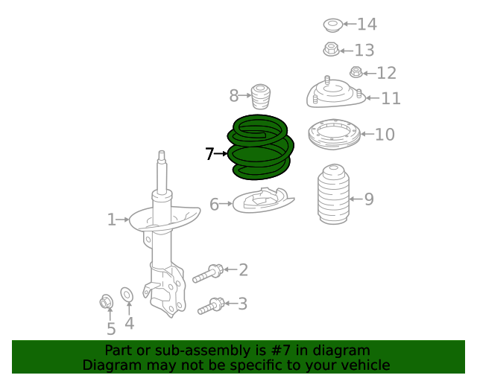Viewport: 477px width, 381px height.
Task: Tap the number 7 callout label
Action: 209,154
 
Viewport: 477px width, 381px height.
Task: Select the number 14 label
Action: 367,25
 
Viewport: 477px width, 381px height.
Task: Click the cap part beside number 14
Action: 332,26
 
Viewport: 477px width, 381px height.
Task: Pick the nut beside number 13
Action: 332,51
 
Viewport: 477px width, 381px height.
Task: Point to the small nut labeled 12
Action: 356,73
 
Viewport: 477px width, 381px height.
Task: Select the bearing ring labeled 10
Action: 334,134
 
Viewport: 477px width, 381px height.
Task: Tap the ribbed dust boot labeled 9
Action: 333,195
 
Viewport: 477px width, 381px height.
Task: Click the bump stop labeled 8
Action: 260,97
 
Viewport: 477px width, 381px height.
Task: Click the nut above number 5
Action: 106,302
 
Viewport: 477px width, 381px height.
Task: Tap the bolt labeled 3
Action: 211,305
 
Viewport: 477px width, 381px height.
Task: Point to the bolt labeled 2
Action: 208,273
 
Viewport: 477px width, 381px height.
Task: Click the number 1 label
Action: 111,220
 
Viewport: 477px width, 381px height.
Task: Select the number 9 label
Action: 369,199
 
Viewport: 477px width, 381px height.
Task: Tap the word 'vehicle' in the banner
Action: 364,365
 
